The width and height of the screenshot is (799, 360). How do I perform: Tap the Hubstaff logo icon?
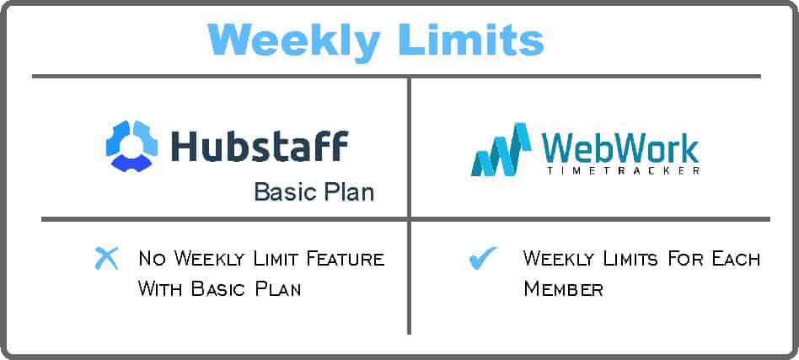tap(132, 145)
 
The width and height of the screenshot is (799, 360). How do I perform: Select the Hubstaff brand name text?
tap(260, 146)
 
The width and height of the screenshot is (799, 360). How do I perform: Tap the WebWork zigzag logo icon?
tap(501, 149)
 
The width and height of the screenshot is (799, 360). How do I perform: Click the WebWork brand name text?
tap(620, 148)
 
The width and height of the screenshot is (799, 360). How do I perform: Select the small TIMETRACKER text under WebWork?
tap(622, 171)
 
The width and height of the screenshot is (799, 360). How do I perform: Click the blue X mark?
tap(106, 258)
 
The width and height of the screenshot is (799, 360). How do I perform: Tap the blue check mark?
tap(483, 257)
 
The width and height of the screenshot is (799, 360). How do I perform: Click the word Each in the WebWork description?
tap(737, 259)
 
